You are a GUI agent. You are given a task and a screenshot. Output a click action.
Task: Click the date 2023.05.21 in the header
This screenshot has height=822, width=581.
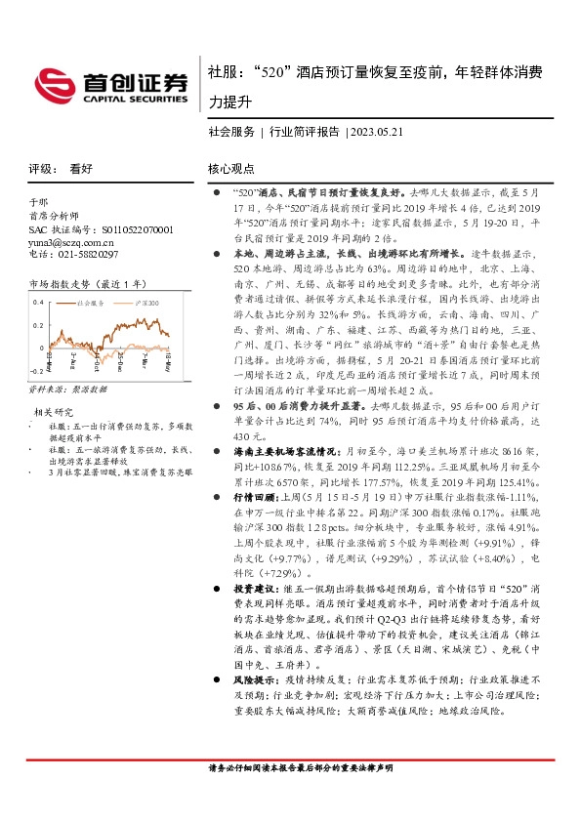coord(375,132)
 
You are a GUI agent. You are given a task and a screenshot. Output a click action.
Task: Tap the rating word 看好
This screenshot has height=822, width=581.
coord(81,168)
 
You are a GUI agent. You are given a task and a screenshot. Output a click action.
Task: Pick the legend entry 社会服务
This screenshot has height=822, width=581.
coord(92,304)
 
